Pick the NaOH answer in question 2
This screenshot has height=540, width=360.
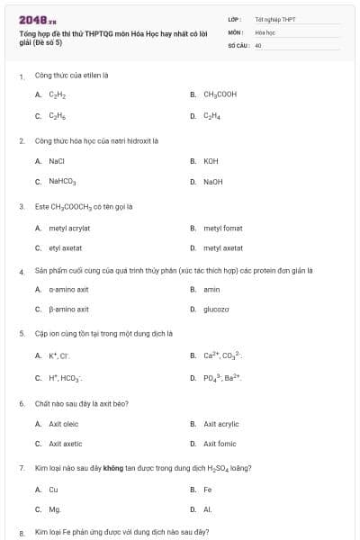(x=212, y=182)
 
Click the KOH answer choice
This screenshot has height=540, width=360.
(x=211, y=161)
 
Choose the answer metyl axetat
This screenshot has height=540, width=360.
(x=222, y=247)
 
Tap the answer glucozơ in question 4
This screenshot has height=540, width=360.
(x=216, y=309)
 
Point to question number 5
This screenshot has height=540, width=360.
(x=22, y=333)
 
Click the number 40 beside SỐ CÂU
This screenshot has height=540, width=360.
(x=257, y=43)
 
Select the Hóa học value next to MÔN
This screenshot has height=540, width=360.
(x=264, y=31)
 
